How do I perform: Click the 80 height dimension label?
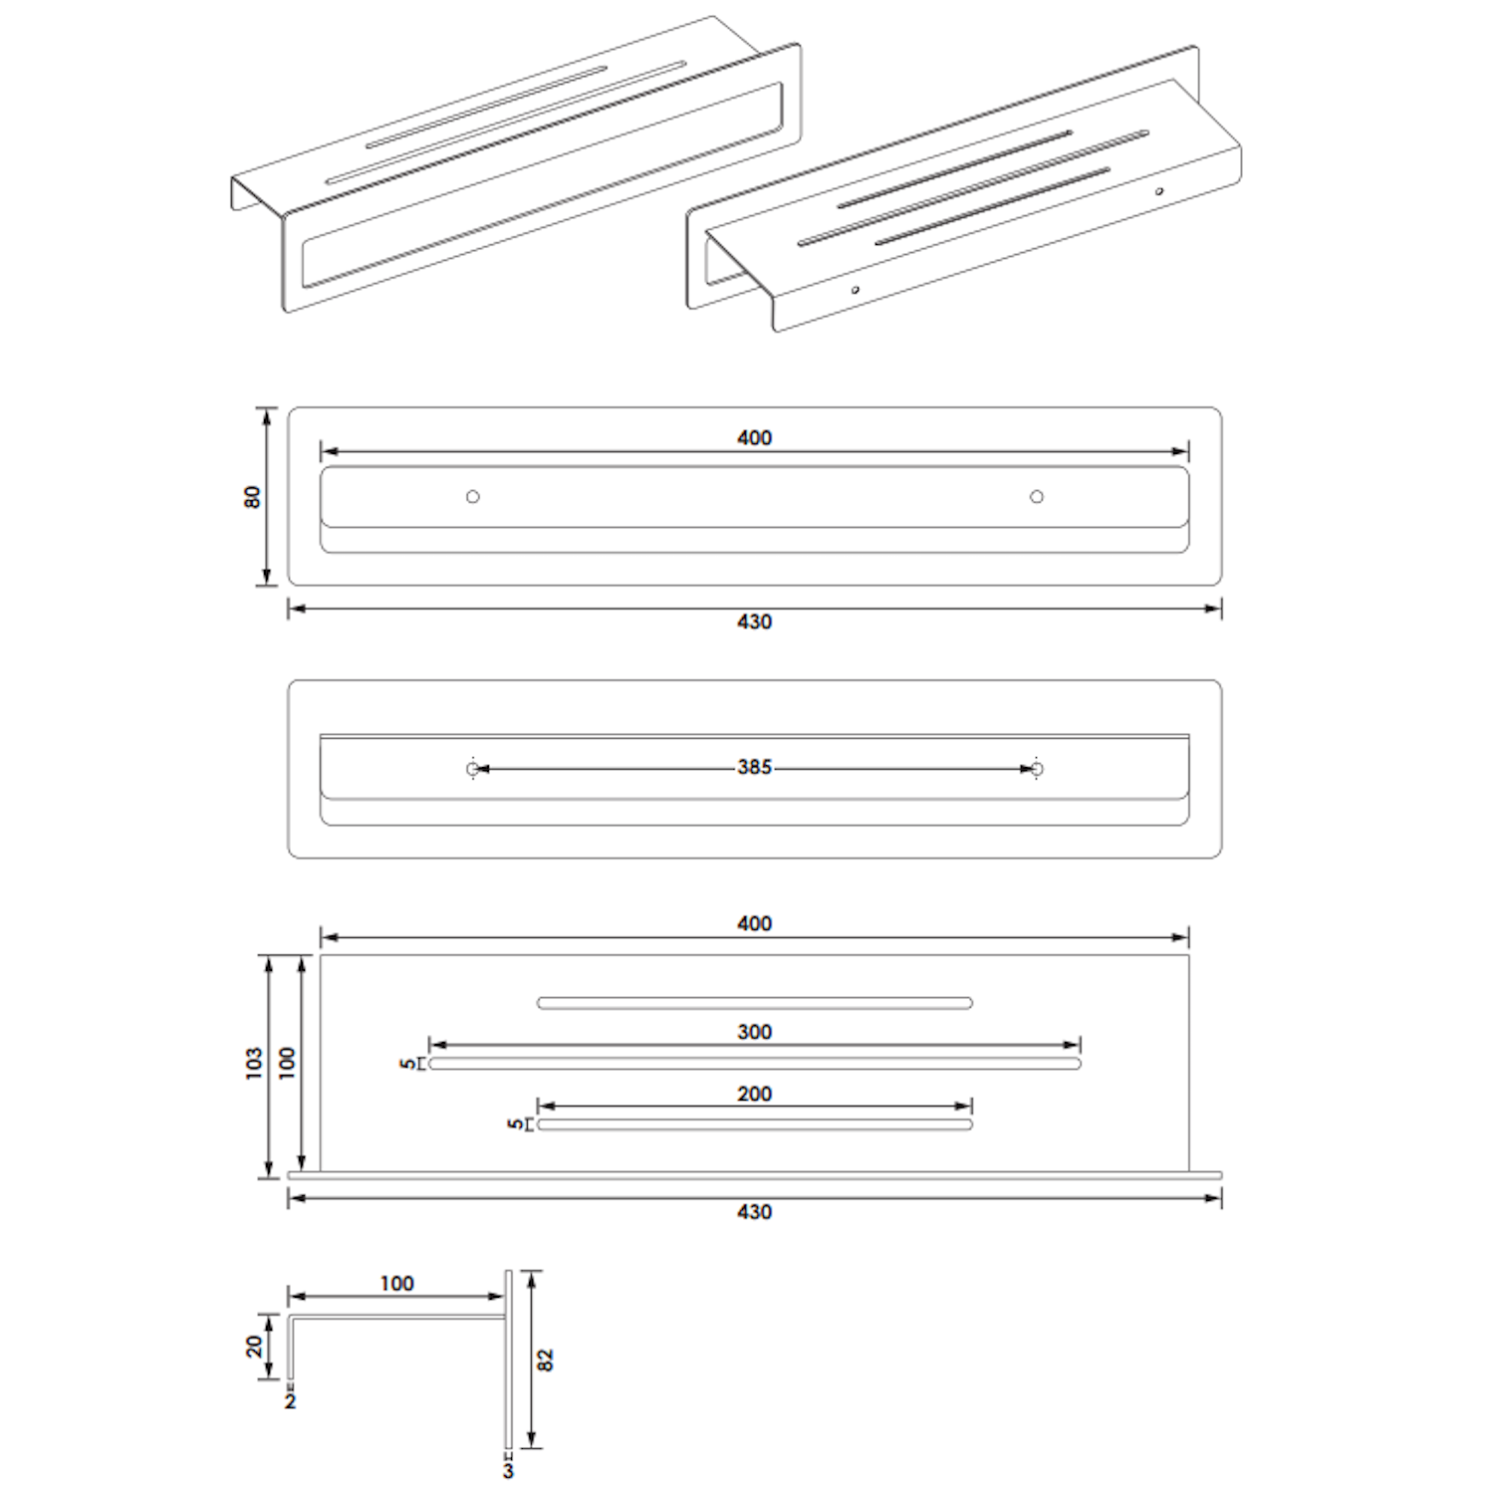tap(252, 496)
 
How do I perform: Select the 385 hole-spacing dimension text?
tap(754, 768)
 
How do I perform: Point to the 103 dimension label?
tap(254, 1063)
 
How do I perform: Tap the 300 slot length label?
tap(754, 1032)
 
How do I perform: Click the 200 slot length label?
tap(754, 1094)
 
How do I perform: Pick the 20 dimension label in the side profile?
tap(254, 1347)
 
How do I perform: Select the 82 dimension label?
tap(545, 1360)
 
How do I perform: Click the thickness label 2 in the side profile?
tap(290, 1401)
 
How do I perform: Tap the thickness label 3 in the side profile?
tap(508, 1470)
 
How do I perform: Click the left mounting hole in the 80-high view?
tap(473, 496)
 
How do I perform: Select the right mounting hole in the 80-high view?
tap(1037, 496)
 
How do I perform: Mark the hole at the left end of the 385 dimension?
tap(473, 769)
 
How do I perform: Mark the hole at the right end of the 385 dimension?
tap(1037, 769)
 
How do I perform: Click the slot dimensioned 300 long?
tap(755, 1064)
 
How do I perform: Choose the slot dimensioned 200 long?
tap(755, 1124)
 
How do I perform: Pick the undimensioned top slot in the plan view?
tap(755, 1003)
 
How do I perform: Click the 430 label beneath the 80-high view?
tap(754, 622)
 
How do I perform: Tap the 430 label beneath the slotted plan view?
tap(754, 1212)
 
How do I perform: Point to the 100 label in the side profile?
tap(396, 1284)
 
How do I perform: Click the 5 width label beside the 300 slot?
tap(408, 1064)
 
